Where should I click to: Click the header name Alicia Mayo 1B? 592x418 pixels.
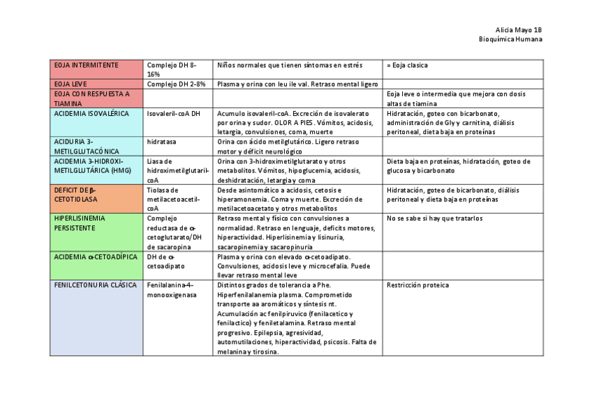tap(518, 30)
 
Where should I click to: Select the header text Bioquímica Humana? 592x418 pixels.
tap(510, 39)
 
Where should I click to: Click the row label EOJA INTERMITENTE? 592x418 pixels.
tap(86, 66)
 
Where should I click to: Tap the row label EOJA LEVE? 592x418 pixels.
tap(71, 84)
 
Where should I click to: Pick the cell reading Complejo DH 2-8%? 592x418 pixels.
tap(176, 84)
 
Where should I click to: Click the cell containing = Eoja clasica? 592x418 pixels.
tap(408, 66)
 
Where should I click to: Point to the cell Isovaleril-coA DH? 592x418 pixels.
tap(174, 113)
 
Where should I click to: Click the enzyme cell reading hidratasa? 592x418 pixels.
tap(161, 141)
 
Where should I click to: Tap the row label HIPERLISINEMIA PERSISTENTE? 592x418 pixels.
tap(80, 223)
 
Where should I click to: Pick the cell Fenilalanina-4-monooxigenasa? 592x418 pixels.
tap(171, 290)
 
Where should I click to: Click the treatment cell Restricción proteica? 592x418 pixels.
tap(417, 285)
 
